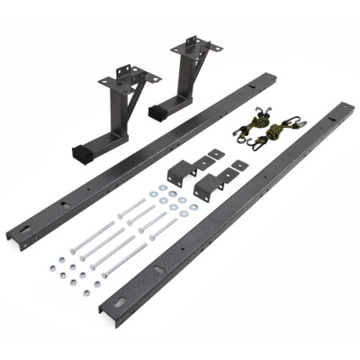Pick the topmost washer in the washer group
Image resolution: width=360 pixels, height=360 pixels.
(162, 189)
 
